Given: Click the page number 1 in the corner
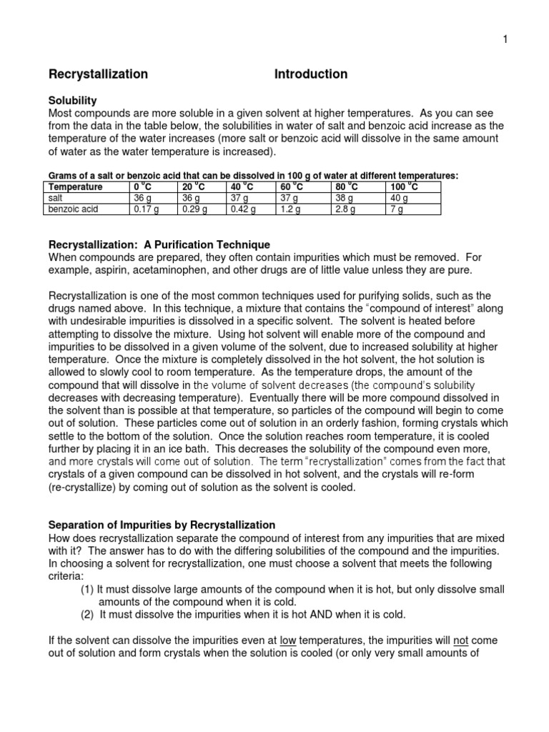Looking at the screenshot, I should (x=505, y=39).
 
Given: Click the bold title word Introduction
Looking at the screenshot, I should (x=311, y=74).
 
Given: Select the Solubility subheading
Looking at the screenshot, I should (x=72, y=101).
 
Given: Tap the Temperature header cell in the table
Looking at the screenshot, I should (x=75, y=187).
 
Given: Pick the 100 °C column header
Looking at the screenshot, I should (x=404, y=187).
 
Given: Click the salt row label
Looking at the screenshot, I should (x=56, y=198).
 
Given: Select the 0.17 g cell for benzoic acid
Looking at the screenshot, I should (x=146, y=209).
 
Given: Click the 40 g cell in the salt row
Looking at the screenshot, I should (x=398, y=198).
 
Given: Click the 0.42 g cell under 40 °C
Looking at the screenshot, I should (x=242, y=209).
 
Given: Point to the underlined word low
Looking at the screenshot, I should (x=288, y=640).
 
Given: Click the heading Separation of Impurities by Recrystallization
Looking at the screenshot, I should (x=162, y=525).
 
